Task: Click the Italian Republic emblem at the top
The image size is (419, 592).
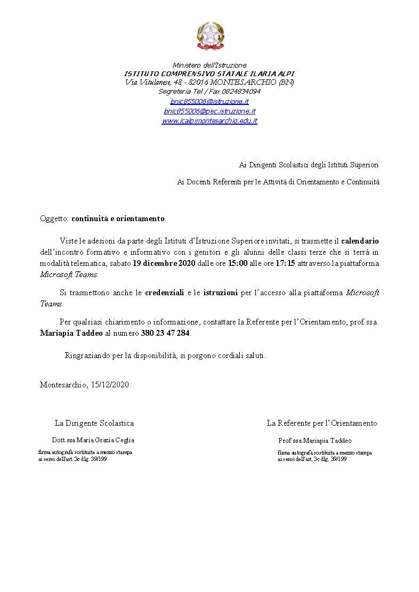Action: click(209, 36)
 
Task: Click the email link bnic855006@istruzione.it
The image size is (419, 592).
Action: click(209, 101)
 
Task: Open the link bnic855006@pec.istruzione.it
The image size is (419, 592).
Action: click(209, 111)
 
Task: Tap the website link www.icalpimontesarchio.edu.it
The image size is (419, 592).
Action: click(209, 121)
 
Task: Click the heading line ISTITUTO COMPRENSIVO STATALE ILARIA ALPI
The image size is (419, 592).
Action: click(209, 74)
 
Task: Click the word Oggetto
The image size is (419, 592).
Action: click(54, 218)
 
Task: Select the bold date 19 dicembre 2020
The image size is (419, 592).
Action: click(164, 264)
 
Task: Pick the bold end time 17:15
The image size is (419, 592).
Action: click(285, 264)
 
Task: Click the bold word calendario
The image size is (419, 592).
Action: click(360, 241)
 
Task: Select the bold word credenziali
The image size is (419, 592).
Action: click(165, 293)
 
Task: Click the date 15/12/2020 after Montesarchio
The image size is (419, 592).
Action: click(110, 384)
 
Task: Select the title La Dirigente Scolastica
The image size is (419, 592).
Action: click(94, 423)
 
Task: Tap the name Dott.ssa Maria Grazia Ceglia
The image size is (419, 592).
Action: click(93, 440)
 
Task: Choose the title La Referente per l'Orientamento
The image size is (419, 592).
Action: click(322, 423)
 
